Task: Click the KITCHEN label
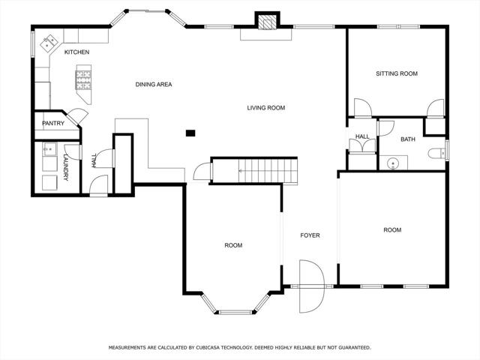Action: [76, 52]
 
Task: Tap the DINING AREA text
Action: [154, 85]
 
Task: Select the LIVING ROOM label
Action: [266, 108]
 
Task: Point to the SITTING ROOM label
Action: [397, 73]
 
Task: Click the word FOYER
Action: [310, 235]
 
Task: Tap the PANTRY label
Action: [53, 123]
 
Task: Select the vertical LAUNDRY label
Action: [66, 167]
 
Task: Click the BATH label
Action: [408, 139]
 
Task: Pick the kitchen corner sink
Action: [49, 43]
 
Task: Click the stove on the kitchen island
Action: [83, 80]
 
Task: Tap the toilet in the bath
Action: [436, 153]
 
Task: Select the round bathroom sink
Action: [392, 163]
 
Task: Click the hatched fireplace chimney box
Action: [267, 22]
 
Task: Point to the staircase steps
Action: [268, 171]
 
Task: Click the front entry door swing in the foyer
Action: [311, 286]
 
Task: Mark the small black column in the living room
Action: [190, 133]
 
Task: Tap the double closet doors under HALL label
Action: [362, 145]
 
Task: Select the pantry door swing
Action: [78, 115]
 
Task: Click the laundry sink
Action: [49, 149]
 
